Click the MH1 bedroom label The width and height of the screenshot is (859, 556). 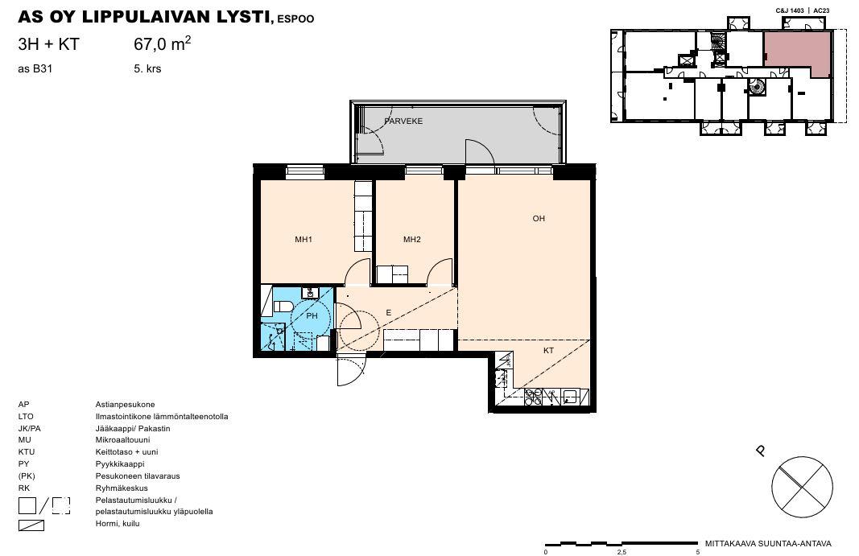pyautogui.click(x=303, y=240)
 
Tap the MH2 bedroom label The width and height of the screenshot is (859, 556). pyautogui.click(x=412, y=240)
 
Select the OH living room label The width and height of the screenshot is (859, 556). pyautogui.click(x=539, y=219)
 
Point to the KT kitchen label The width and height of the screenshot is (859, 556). pyautogui.click(x=548, y=351)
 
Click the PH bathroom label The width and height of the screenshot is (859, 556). pyautogui.click(x=312, y=316)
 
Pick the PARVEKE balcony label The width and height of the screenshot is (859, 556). pyautogui.click(x=404, y=121)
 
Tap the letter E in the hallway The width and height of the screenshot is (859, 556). pyautogui.click(x=388, y=313)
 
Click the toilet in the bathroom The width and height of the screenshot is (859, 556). pyautogui.click(x=282, y=307)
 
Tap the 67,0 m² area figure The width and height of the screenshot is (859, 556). pyautogui.click(x=163, y=43)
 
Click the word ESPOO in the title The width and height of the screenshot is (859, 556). pyautogui.click(x=295, y=19)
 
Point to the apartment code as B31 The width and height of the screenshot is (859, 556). pyautogui.click(x=35, y=69)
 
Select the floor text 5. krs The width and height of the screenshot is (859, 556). pyautogui.click(x=147, y=69)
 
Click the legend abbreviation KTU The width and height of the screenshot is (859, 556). pyautogui.click(x=27, y=452)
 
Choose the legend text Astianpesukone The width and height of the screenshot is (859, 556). pyautogui.click(x=125, y=405)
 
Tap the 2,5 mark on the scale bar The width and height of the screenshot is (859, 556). pyautogui.click(x=622, y=552)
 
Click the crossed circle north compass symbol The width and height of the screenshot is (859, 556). pyautogui.click(x=802, y=487)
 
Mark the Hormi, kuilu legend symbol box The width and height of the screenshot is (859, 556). pyautogui.click(x=31, y=525)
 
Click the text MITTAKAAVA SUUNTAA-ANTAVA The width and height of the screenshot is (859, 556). pyautogui.click(x=768, y=544)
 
